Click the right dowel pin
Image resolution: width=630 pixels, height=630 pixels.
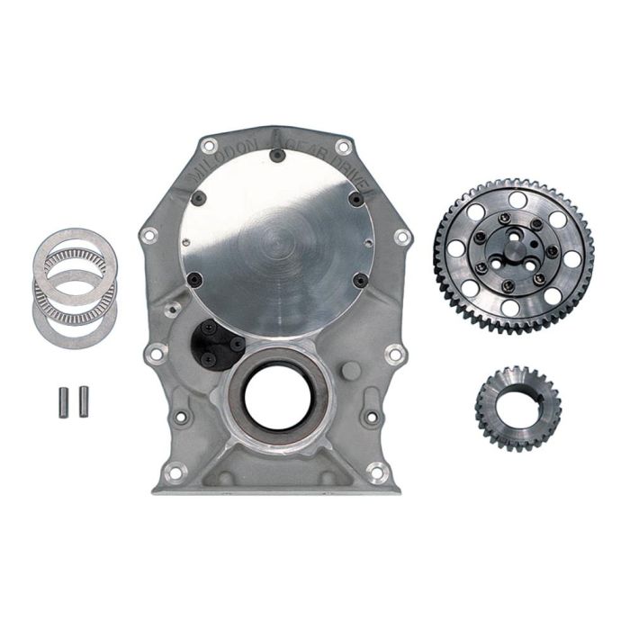[83, 396]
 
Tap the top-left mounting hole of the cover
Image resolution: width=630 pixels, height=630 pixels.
[210, 147]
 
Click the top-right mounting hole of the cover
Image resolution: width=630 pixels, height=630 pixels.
[342, 147]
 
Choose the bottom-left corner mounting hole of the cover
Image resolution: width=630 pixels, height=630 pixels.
[175, 470]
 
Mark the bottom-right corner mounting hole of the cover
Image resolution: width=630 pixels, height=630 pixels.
[375, 470]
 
